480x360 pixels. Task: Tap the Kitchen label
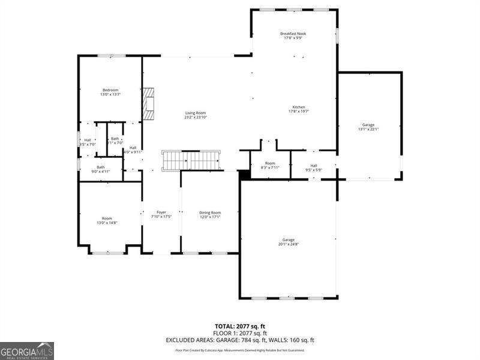point(299,109)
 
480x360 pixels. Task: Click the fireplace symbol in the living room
point(148,103)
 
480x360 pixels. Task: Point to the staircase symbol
point(191,161)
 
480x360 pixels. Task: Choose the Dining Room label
point(210,215)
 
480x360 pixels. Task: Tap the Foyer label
point(161,215)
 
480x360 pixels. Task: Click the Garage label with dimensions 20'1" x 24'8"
point(289,242)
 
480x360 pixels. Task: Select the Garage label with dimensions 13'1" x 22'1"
point(368,127)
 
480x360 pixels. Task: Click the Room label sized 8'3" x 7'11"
point(270,166)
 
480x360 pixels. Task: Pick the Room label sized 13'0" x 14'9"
point(107,220)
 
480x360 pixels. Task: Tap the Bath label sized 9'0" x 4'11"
point(101,169)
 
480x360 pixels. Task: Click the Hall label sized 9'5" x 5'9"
point(314,167)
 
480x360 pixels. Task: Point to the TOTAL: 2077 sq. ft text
point(240,326)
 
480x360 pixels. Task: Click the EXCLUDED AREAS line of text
point(240,340)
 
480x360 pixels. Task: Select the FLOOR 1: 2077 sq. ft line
point(240,333)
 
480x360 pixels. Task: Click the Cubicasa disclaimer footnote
point(240,350)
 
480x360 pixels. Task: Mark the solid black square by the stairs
point(244,175)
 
